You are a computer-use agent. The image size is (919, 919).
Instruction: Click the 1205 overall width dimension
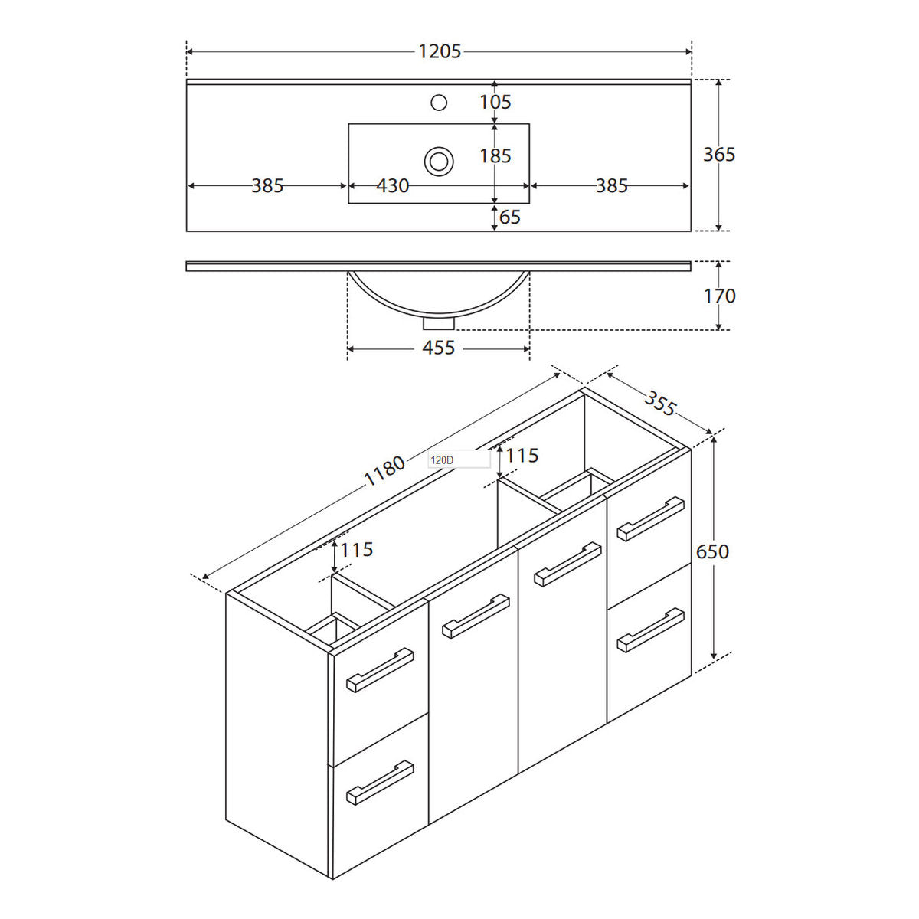click(440, 51)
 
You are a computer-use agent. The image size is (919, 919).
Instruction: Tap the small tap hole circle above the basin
click(438, 103)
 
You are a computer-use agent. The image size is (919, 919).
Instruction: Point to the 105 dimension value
click(495, 102)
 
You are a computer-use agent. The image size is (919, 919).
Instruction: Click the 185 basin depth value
click(495, 156)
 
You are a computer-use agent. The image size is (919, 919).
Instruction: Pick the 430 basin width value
click(393, 186)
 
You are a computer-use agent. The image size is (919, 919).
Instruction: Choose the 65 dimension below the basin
click(509, 217)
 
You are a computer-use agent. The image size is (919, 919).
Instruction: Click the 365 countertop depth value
click(719, 155)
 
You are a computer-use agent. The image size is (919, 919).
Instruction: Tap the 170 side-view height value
click(720, 296)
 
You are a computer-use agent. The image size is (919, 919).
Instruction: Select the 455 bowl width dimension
click(438, 348)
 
